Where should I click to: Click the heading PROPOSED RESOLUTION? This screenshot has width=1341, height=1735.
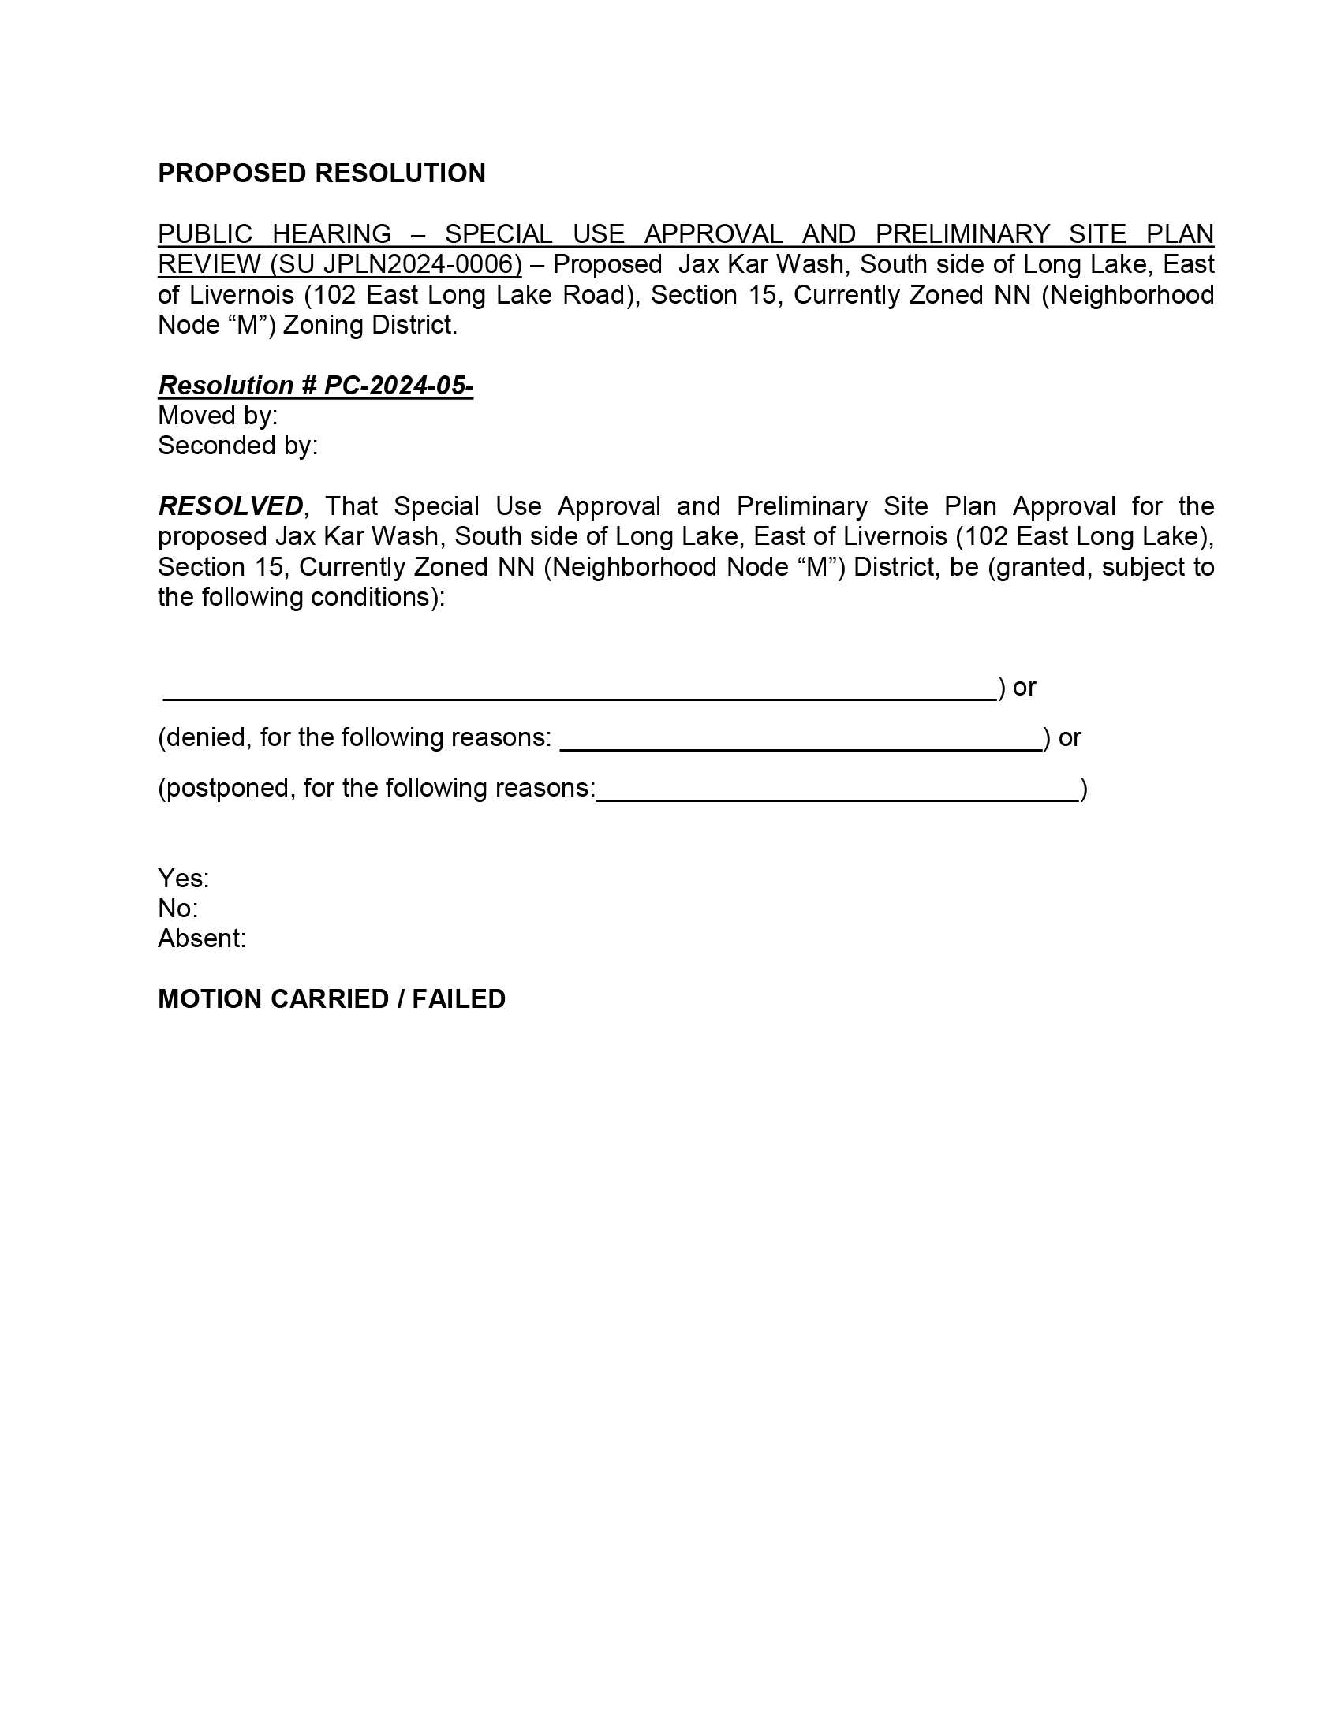coord(321,173)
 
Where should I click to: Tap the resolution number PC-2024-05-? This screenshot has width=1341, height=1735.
coord(398,386)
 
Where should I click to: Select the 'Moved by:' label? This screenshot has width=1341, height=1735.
coord(218,416)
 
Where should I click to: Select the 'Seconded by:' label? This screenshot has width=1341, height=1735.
coord(237,446)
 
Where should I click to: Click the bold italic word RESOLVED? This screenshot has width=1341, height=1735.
coord(230,506)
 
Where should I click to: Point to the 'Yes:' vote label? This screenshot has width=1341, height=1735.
coord(184,878)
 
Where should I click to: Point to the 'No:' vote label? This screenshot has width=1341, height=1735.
coord(178,908)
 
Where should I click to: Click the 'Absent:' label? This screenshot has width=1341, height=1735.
coord(202,938)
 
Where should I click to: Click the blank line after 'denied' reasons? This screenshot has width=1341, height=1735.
coord(801,747)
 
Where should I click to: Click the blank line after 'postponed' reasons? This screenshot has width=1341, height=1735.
coord(837,797)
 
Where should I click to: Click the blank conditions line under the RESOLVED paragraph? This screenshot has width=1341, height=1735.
coord(580,696)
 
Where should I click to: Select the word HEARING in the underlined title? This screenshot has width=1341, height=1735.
coord(331,234)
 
